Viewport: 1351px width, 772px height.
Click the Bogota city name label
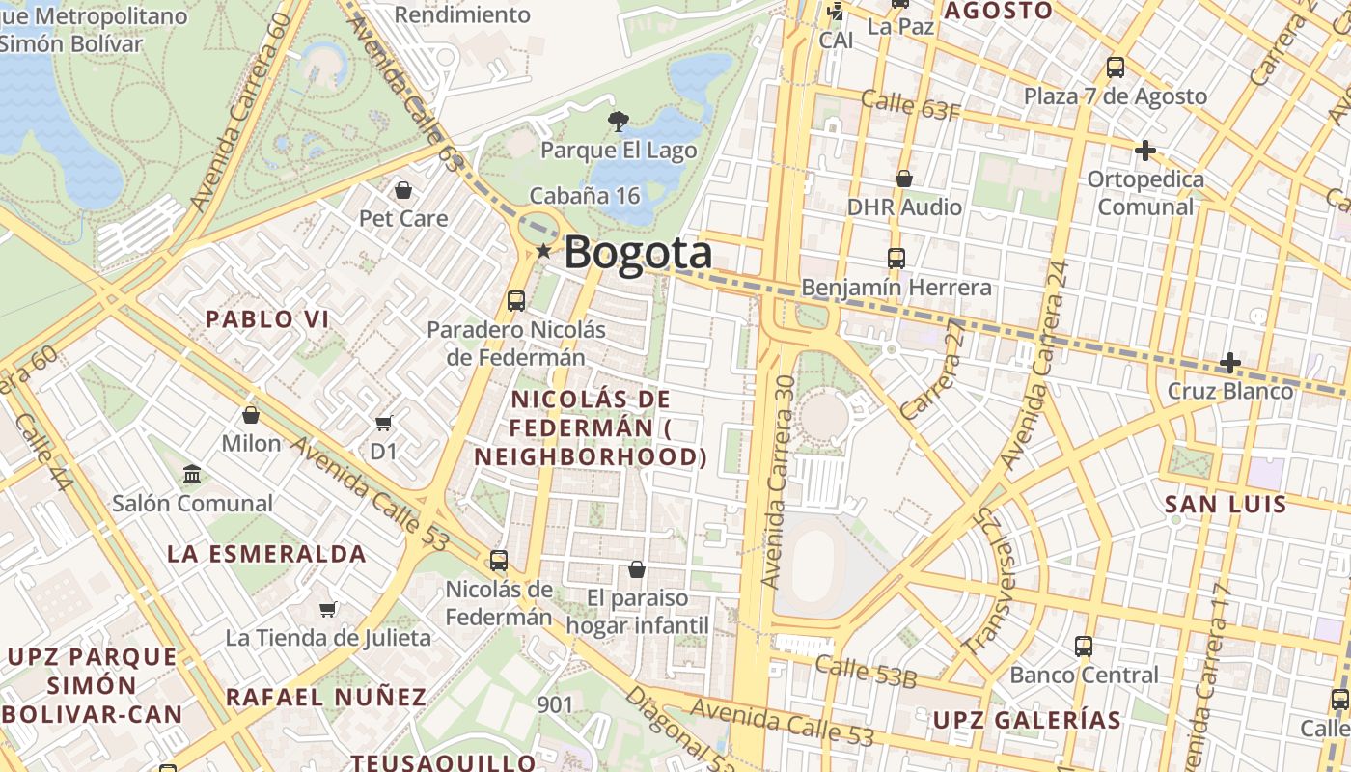(x=638, y=253)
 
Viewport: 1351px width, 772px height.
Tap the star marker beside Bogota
(x=544, y=252)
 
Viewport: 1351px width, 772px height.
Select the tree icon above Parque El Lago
(x=618, y=121)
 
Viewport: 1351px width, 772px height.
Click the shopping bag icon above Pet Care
(x=403, y=190)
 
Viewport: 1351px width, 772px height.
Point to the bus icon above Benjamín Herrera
(x=896, y=259)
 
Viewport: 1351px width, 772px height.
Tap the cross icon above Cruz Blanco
(x=1230, y=363)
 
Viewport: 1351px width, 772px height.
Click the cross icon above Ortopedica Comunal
(x=1145, y=151)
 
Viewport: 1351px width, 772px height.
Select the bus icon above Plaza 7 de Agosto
(x=1116, y=68)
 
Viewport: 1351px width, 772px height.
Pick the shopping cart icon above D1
(x=384, y=423)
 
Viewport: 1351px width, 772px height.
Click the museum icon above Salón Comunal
(x=192, y=475)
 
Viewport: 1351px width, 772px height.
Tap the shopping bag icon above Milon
(x=251, y=415)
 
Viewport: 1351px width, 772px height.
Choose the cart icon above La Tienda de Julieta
(x=328, y=609)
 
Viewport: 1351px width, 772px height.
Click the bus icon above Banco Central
(x=1084, y=646)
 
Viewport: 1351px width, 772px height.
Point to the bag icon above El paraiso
(x=637, y=569)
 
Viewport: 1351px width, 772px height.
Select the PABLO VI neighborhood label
(x=267, y=319)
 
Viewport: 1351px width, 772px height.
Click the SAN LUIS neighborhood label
(x=1226, y=505)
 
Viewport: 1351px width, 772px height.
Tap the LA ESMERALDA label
(x=266, y=554)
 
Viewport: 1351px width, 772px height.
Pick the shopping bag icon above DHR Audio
(x=904, y=179)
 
